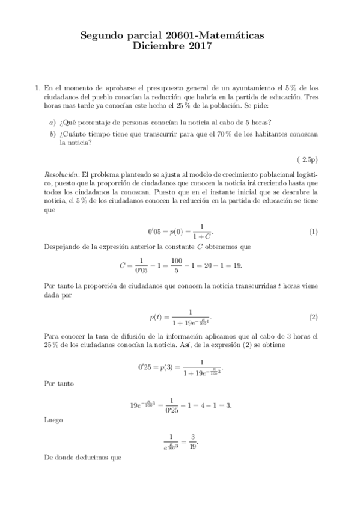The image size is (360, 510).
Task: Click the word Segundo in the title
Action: coord(102,37)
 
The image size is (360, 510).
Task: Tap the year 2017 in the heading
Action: coord(198,48)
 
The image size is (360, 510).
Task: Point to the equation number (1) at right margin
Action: coord(313,232)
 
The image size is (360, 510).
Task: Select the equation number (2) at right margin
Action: coord(313,317)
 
